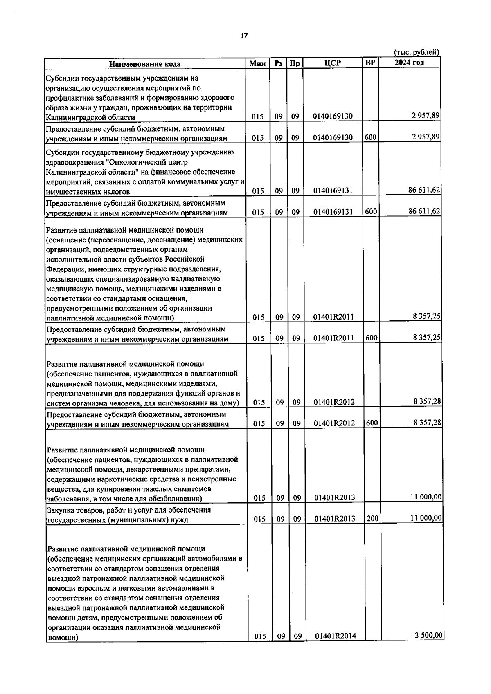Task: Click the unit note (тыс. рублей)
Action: [417, 52]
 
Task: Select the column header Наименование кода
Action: [144, 64]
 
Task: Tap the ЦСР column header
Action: [333, 63]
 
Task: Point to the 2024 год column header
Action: [409, 63]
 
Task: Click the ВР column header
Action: [370, 63]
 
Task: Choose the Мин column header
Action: [258, 63]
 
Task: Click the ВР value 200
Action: [372, 518]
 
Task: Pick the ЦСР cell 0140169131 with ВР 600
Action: [333, 212]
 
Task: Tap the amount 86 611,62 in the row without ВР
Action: [424, 190]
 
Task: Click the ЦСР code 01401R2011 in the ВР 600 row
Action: [333, 338]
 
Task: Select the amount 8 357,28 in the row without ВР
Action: [427, 401]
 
